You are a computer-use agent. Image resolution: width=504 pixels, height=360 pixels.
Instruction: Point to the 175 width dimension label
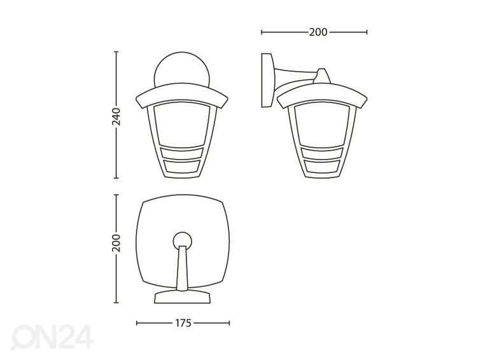183,323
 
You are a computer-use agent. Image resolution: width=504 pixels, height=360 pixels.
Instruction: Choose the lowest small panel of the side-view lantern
323,167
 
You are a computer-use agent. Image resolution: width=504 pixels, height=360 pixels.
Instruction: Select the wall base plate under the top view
183,297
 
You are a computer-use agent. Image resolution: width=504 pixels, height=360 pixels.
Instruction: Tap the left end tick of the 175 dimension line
137,323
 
